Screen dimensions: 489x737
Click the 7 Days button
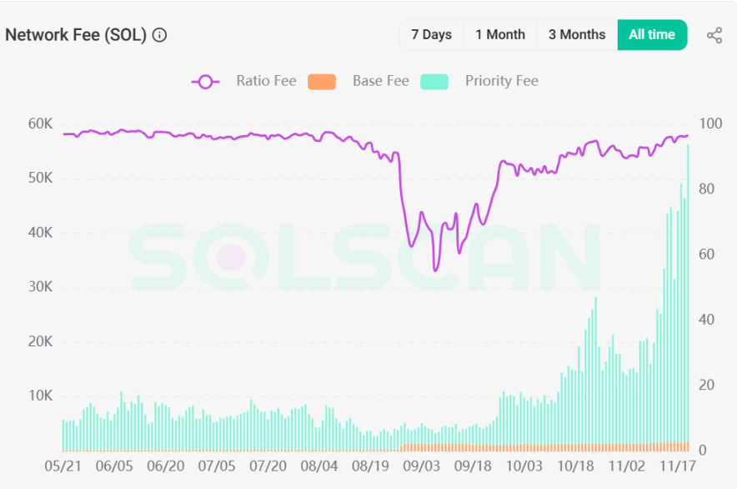coord(431,35)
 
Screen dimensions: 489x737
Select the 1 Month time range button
coord(500,35)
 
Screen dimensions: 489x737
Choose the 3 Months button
coord(577,35)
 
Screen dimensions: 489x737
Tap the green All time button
coord(652,35)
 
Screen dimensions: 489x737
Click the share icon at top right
coord(714,35)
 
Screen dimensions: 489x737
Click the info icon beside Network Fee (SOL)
coord(160,35)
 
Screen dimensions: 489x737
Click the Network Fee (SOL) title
coord(76,35)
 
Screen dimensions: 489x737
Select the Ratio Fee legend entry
coord(244,81)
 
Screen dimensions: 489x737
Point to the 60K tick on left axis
coord(40,124)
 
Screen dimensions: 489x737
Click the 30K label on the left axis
coord(40,287)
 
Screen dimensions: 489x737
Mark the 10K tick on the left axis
coord(40,396)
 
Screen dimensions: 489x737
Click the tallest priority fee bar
coord(688,292)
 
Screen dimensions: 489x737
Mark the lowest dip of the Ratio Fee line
coord(435,270)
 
